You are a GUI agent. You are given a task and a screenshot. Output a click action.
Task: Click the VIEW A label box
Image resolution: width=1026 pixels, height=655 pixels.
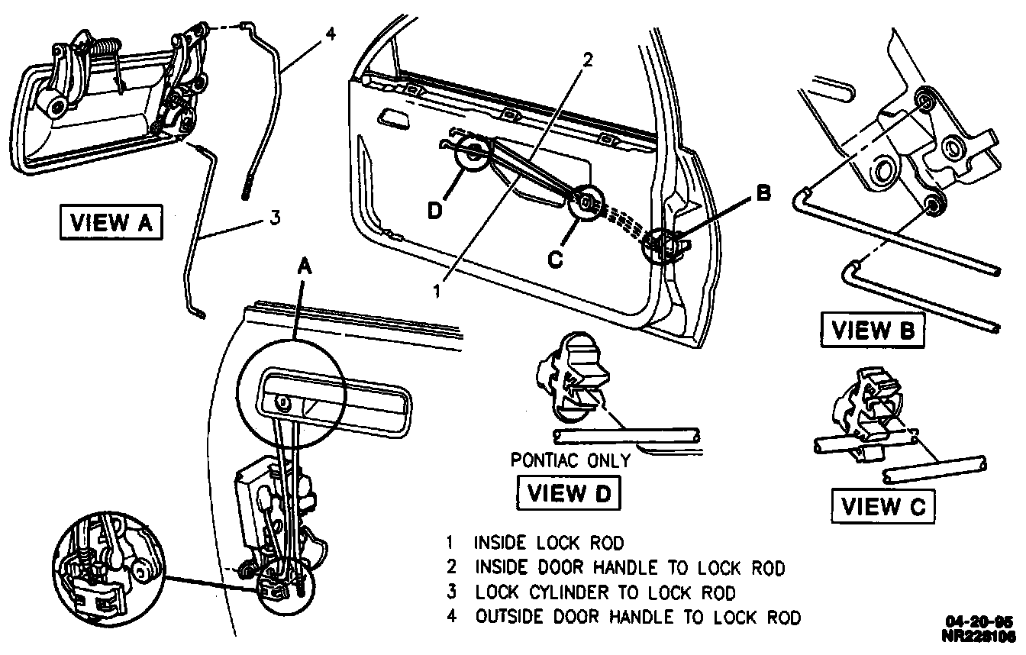point(111,222)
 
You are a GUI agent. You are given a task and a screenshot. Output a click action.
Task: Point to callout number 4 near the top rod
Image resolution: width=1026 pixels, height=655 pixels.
point(331,35)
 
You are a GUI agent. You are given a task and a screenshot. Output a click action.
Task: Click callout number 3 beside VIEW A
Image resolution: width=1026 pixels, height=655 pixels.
point(274,218)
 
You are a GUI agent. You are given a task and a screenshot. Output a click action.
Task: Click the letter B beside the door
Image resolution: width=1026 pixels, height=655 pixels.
point(762,194)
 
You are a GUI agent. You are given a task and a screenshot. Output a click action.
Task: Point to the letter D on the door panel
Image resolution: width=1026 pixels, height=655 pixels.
point(434,210)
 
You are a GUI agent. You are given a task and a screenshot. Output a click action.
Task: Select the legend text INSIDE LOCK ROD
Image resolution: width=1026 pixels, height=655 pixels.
point(549,543)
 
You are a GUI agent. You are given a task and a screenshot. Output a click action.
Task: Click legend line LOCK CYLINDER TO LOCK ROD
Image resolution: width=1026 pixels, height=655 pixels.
point(605,592)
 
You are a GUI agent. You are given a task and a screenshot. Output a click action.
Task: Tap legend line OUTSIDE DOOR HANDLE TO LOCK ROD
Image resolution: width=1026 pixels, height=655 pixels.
point(637,617)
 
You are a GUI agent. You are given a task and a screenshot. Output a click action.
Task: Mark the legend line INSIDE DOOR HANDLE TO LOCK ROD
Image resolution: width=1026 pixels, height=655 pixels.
point(629,568)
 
